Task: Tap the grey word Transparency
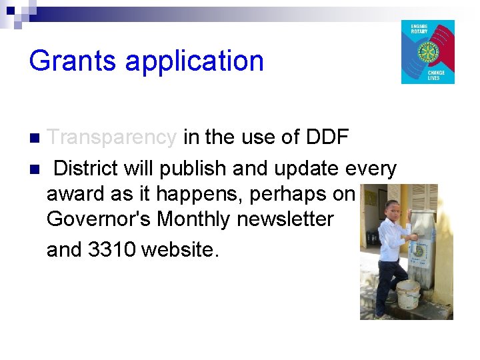pos(112,137)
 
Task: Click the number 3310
pos(112,249)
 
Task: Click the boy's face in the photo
pos(392,209)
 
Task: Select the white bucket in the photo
pos(407,293)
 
